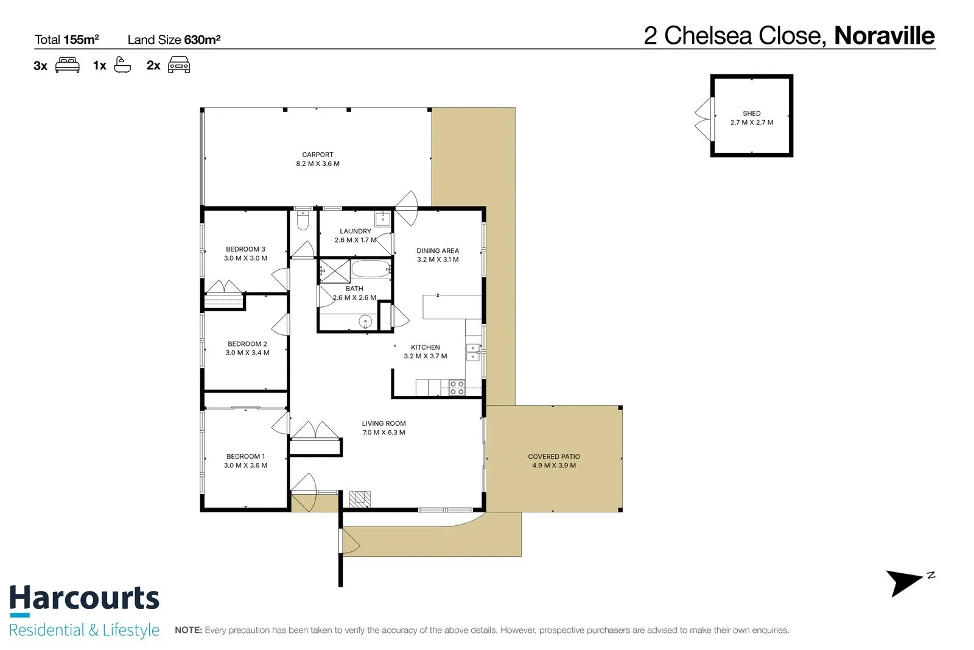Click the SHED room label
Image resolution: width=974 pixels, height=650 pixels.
click(x=751, y=113)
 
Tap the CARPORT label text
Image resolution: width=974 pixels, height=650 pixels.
click(x=317, y=155)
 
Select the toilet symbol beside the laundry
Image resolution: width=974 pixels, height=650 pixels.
click(x=303, y=220)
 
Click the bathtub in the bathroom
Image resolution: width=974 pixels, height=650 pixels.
click(x=371, y=269)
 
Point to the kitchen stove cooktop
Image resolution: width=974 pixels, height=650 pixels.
click(x=457, y=387)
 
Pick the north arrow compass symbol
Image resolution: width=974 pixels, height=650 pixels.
click(x=907, y=583)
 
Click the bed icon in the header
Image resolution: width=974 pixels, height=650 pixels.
click(x=68, y=65)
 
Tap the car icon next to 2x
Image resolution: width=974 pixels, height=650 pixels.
click(x=179, y=65)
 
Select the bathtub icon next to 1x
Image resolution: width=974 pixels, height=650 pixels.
click(x=122, y=65)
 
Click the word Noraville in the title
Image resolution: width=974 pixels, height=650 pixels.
click(x=885, y=36)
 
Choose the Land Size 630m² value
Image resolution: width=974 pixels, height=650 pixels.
click(x=202, y=40)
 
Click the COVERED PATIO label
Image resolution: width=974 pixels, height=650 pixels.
click(x=554, y=456)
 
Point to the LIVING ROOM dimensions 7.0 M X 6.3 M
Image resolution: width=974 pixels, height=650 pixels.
click(x=384, y=433)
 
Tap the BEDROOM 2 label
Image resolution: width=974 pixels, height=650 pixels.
click(x=247, y=344)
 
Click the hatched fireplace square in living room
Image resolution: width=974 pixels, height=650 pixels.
click(x=360, y=499)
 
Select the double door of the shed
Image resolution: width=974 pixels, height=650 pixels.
click(x=704, y=119)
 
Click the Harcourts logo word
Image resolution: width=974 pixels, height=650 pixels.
click(x=85, y=599)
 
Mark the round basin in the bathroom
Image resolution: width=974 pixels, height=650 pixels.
click(x=365, y=322)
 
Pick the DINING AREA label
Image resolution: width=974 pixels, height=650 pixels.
click(x=438, y=250)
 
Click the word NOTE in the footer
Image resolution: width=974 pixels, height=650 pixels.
click(x=188, y=630)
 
